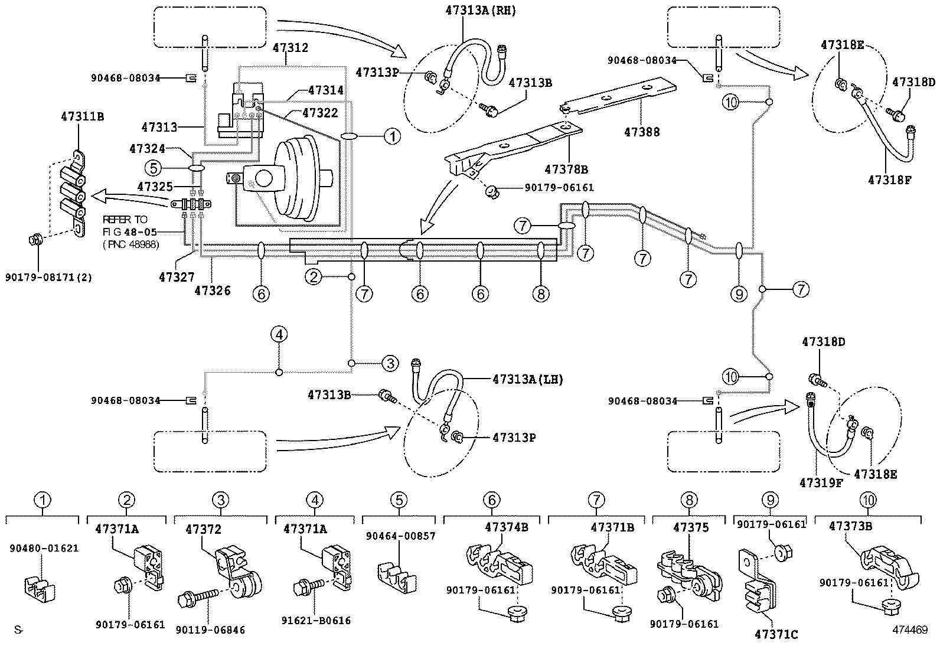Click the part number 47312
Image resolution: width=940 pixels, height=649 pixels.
click(x=290, y=47)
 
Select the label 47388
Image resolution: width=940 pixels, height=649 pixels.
click(x=642, y=132)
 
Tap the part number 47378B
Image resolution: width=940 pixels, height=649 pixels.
click(x=566, y=169)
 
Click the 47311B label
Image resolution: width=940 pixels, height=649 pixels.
click(x=82, y=116)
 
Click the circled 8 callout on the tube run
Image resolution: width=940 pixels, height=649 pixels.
click(x=541, y=293)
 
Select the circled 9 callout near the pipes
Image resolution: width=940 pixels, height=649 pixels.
click(x=739, y=293)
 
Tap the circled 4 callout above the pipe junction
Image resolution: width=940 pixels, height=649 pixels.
click(x=279, y=335)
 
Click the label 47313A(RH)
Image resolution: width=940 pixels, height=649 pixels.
click(x=480, y=11)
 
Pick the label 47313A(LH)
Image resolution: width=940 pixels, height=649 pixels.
click(x=527, y=380)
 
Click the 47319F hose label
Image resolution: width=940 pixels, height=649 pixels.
click(x=821, y=482)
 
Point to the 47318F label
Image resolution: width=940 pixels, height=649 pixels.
click(x=890, y=180)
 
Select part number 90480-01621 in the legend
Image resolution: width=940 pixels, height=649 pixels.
click(x=44, y=548)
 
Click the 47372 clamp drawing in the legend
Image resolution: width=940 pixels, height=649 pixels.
click(x=234, y=569)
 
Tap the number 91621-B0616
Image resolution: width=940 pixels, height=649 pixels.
click(x=316, y=620)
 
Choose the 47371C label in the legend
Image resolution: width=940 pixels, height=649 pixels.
click(x=776, y=634)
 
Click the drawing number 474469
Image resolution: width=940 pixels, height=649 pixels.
click(x=909, y=630)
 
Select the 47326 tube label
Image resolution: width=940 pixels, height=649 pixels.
click(x=213, y=290)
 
